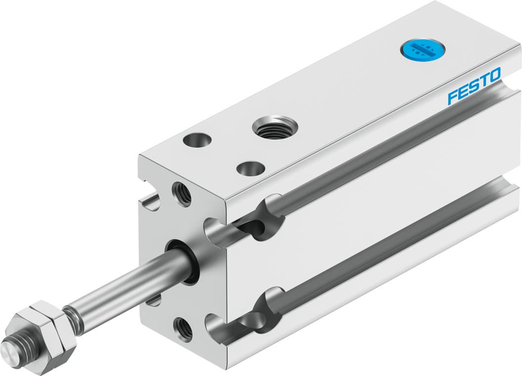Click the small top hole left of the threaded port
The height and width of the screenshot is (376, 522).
click(x=197, y=140)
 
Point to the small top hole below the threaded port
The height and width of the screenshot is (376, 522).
click(x=250, y=168)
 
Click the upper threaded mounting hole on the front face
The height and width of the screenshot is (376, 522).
click(x=181, y=194)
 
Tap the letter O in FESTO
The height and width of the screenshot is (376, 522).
click(x=494, y=76)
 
